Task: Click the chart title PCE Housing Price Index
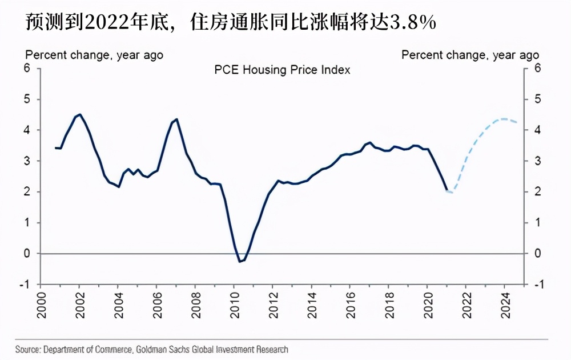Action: [282, 70]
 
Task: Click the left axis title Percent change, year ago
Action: [94, 55]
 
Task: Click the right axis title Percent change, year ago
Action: [470, 55]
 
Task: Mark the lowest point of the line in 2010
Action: [240, 262]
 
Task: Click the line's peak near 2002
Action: [79, 114]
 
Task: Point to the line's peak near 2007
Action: [176, 119]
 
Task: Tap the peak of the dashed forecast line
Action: [503, 119]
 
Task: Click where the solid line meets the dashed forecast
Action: [447, 190]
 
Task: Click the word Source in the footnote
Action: [27, 349]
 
